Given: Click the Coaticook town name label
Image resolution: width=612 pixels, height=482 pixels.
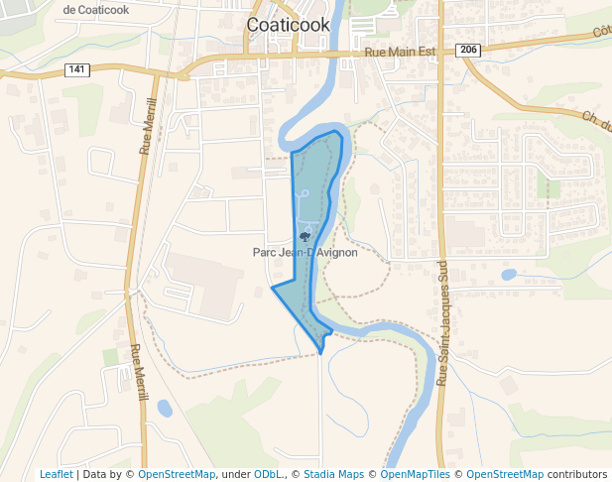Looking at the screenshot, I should (x=288, y=25).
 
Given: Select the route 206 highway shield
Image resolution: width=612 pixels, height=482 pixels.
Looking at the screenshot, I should (x=469, y=50).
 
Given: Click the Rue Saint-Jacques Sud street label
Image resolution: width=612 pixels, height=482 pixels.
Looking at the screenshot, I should (x=442, y=323).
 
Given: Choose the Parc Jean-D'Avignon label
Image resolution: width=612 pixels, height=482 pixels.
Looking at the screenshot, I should (x=305, y=253).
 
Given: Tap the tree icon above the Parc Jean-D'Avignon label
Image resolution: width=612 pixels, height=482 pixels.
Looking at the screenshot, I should (x=305, y=237).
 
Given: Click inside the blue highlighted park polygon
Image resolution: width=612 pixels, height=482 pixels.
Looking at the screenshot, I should (x=315, y=179).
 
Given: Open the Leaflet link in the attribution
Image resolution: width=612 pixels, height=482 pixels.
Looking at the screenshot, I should (x=56, y=474).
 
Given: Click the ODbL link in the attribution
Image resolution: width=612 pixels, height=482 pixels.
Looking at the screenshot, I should (x=266, y=474).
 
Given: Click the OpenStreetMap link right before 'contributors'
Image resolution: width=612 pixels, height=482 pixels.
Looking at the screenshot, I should (x=505, y=474).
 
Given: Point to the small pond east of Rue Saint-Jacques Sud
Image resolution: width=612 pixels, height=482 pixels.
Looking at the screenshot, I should (x=509, y=275).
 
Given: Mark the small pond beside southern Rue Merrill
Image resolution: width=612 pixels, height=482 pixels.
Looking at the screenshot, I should (x=165, y=408).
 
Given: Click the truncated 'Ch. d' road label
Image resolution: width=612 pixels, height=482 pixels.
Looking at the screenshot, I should (x=595, y=119).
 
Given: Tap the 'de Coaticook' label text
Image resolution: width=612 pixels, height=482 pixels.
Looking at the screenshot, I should (x=96, y=9).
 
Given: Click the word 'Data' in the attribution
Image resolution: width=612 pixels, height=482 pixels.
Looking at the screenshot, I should (x=95, y=474).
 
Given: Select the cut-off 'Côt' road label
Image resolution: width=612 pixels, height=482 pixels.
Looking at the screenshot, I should (x=601, y=32).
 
